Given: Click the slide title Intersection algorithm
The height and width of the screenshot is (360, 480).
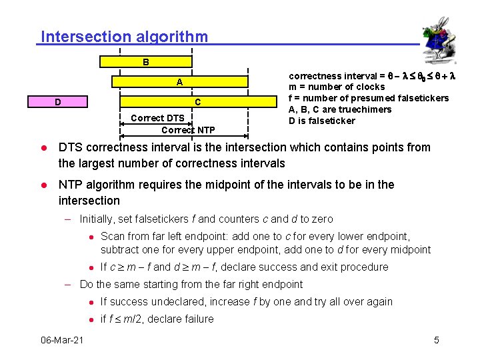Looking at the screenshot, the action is (x=124, y=37).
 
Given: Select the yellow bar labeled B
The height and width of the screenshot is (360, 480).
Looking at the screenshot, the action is (x=145, y=62).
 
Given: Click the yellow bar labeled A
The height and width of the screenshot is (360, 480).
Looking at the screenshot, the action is (x=179, y=82).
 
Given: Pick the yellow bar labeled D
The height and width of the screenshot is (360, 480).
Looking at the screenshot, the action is (x=58, y=102).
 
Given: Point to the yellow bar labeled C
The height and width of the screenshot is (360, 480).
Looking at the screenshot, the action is (x=197, y=102).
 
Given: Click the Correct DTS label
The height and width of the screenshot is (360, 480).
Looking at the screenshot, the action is (x=157, y=118).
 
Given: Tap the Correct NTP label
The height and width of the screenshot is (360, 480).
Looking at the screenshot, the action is (x=188, y=129).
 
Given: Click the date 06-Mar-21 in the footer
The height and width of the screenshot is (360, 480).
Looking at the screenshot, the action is (x=62, y=341).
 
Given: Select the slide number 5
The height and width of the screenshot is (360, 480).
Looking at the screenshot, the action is (x=437, y=341).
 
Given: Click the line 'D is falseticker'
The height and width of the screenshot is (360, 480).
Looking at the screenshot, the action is (x=322, y=121).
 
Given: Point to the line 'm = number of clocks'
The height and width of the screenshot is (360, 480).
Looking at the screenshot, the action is (x=337, y=87).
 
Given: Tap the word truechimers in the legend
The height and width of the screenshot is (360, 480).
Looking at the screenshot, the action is (x=367, y=109).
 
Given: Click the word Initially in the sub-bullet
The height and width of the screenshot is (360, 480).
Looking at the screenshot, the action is (x=97, y=219).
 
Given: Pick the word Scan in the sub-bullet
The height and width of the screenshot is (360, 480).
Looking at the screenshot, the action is (x=112, y=236).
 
